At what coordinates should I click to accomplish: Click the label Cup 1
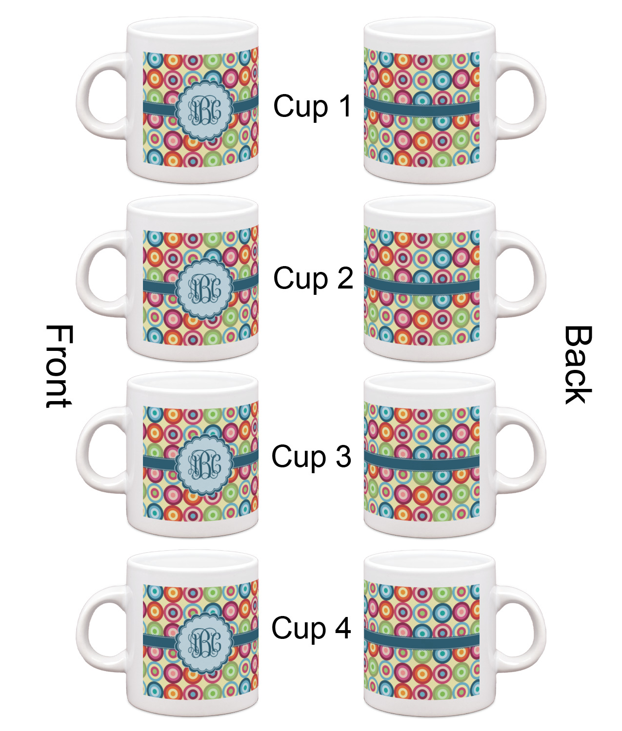(312, 106)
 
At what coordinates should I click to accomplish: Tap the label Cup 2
(313, 278)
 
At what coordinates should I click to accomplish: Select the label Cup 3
(311, 457)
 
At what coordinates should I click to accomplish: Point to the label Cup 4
(311, 628)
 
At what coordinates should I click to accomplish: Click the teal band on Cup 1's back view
(421, 108)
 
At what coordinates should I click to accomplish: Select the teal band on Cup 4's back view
(421, 641)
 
